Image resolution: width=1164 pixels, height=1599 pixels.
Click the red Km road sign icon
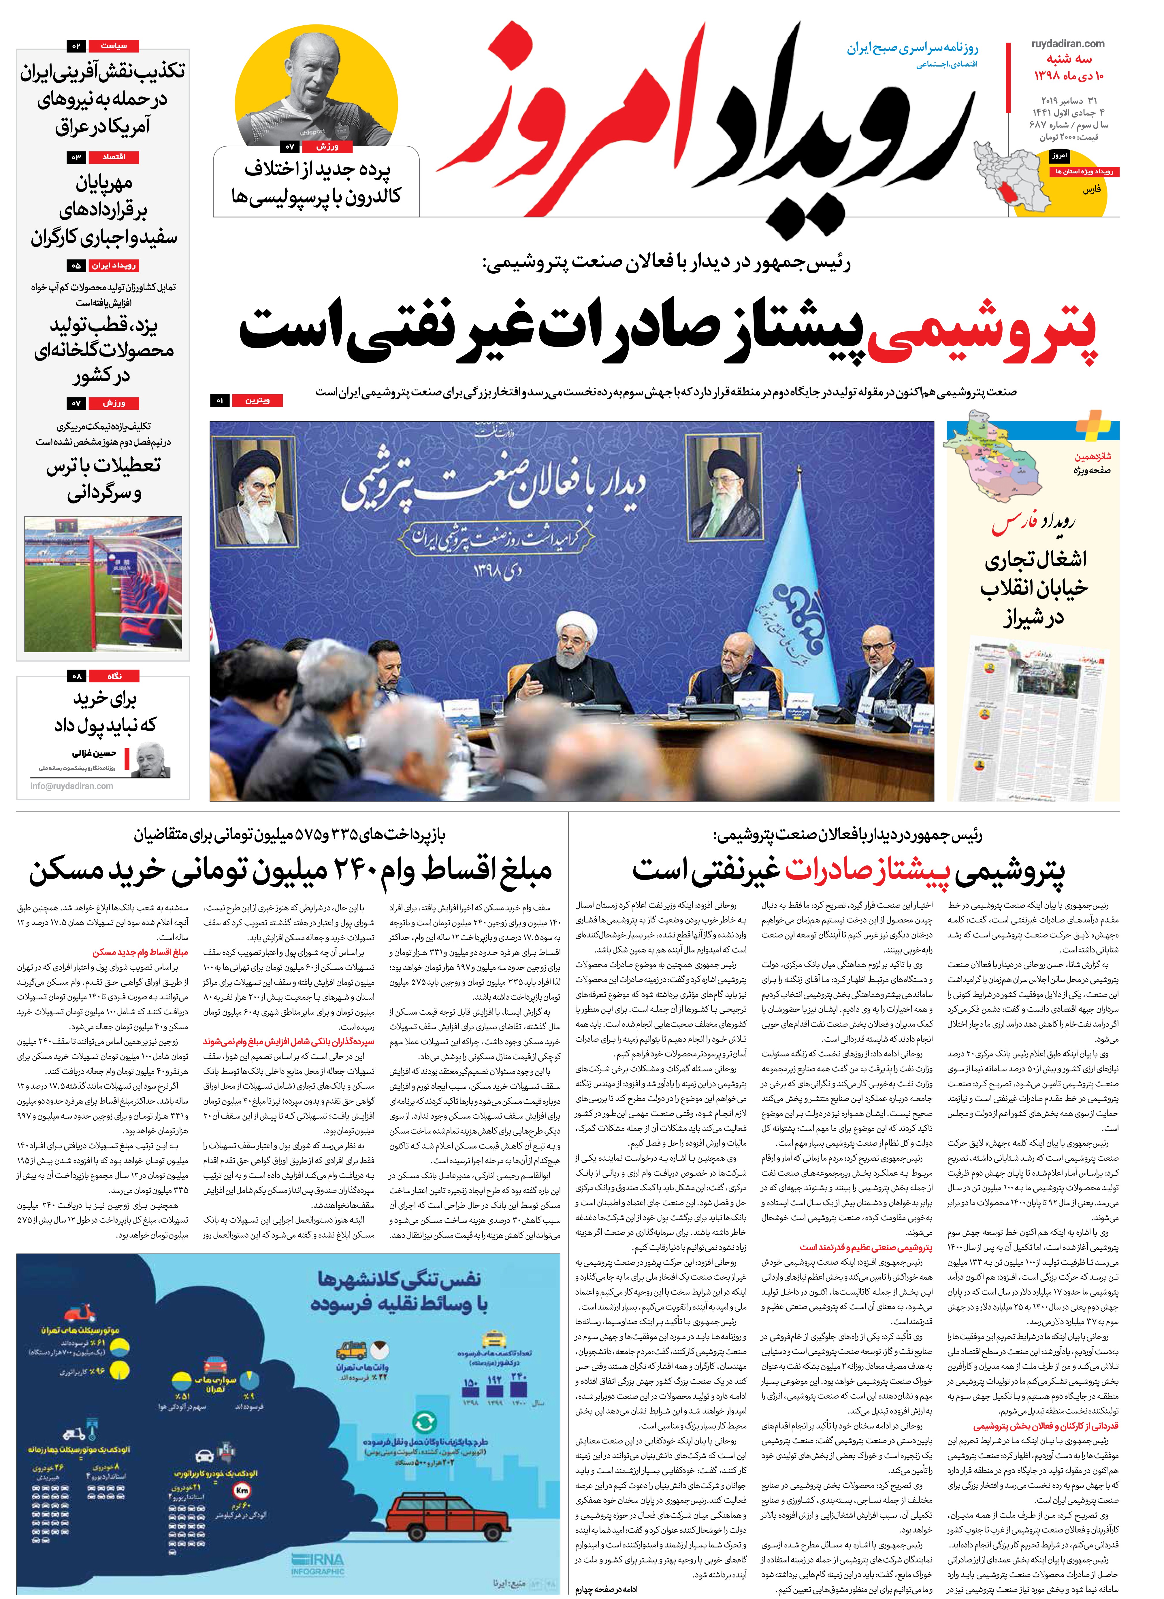pos(243,1493)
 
